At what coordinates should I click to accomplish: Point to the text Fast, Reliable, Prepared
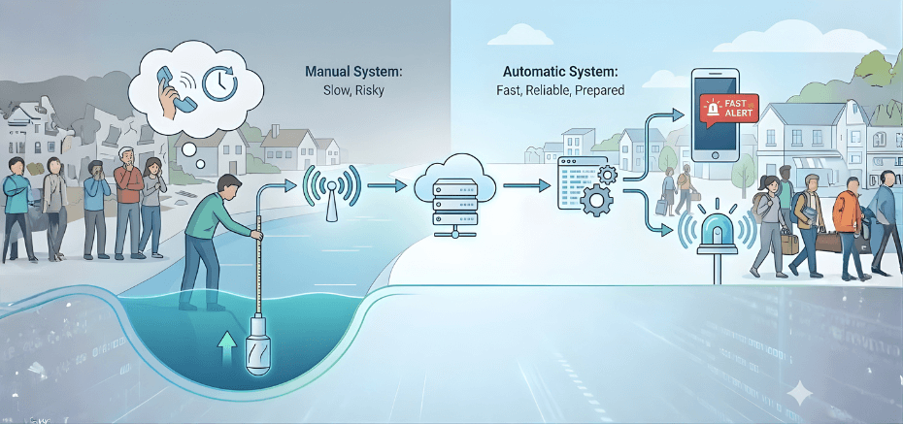[553, 90]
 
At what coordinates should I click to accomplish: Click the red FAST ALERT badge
[728, 111]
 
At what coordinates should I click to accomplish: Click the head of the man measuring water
[231, 185]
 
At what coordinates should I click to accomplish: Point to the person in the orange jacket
[846, 212]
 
